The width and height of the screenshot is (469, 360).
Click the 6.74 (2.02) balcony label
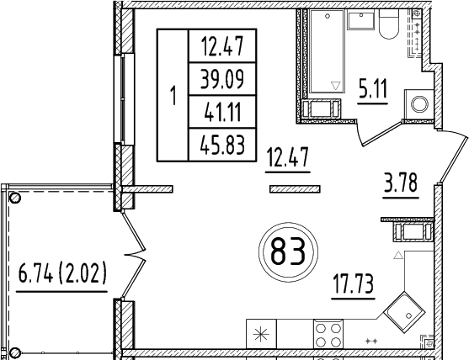(x=62, y=275)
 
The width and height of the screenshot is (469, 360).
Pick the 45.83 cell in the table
(x=222, y=146)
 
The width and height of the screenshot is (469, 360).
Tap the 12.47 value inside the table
(x=222, y=45)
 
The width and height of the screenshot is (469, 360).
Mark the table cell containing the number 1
(x=173, y=94)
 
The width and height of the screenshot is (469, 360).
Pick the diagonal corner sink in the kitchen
(x=406, y=316)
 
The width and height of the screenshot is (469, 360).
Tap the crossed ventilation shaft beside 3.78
(x=413, y=231)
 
